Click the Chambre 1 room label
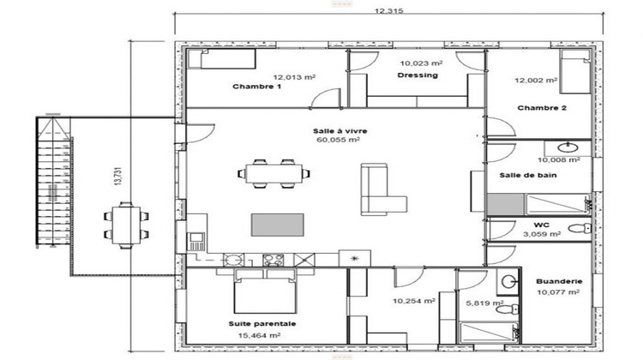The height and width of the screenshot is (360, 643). point(257,87)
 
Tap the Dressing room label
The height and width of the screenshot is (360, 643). point(418,75)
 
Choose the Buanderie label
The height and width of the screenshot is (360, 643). point(556,281)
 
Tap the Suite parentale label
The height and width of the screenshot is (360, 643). point(262,324)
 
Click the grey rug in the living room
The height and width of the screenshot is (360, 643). point(277,225)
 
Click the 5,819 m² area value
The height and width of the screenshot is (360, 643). point(481,303)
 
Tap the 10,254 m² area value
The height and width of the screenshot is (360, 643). point(414,302)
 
